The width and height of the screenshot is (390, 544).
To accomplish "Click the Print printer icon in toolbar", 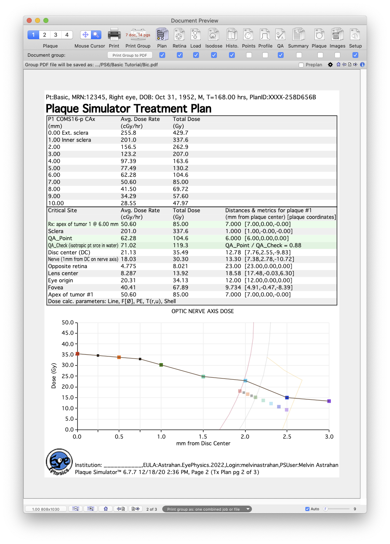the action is [114, 35].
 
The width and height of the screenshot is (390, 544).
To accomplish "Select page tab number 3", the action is [55, 35].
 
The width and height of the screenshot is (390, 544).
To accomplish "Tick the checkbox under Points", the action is [249, 55].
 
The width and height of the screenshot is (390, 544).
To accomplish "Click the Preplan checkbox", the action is [301, 65].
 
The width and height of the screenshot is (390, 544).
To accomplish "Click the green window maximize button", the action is [46, 20].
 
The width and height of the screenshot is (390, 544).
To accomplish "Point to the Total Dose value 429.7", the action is [180, 133].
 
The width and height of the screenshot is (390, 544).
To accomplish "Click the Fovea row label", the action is [55, 288].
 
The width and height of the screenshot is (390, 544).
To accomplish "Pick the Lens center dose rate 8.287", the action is [128, 273].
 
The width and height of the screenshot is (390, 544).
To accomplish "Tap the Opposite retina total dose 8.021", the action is [180, 266].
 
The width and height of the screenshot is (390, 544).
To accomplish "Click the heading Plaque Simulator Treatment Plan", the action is [128, 108].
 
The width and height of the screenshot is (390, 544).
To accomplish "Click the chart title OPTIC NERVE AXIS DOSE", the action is [202, 311].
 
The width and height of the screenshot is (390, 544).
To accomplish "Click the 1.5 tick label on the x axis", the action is [203, 436].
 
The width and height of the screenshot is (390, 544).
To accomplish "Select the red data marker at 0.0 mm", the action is [77, 354].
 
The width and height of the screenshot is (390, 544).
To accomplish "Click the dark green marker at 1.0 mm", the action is [161, 365].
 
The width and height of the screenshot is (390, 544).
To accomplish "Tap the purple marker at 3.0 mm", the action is [329, 401].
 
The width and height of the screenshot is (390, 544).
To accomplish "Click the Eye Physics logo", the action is [59, 462].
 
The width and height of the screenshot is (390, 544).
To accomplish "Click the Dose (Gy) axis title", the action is [53, 376].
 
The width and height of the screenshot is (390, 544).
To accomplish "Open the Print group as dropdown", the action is [207, 509].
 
